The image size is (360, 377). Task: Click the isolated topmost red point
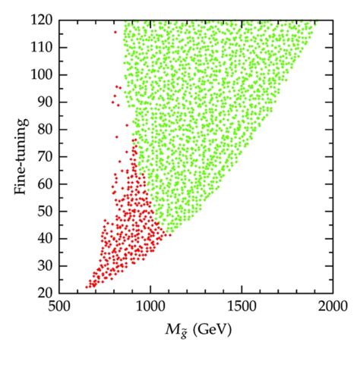(x=115, y=32)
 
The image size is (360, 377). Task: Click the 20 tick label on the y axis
(x=46, y=292)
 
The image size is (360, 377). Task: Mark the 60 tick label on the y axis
(x=46, y=184)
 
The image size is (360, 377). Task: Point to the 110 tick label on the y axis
(x=43, y=48)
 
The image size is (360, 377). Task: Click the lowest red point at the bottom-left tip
(x=87, y=287)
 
